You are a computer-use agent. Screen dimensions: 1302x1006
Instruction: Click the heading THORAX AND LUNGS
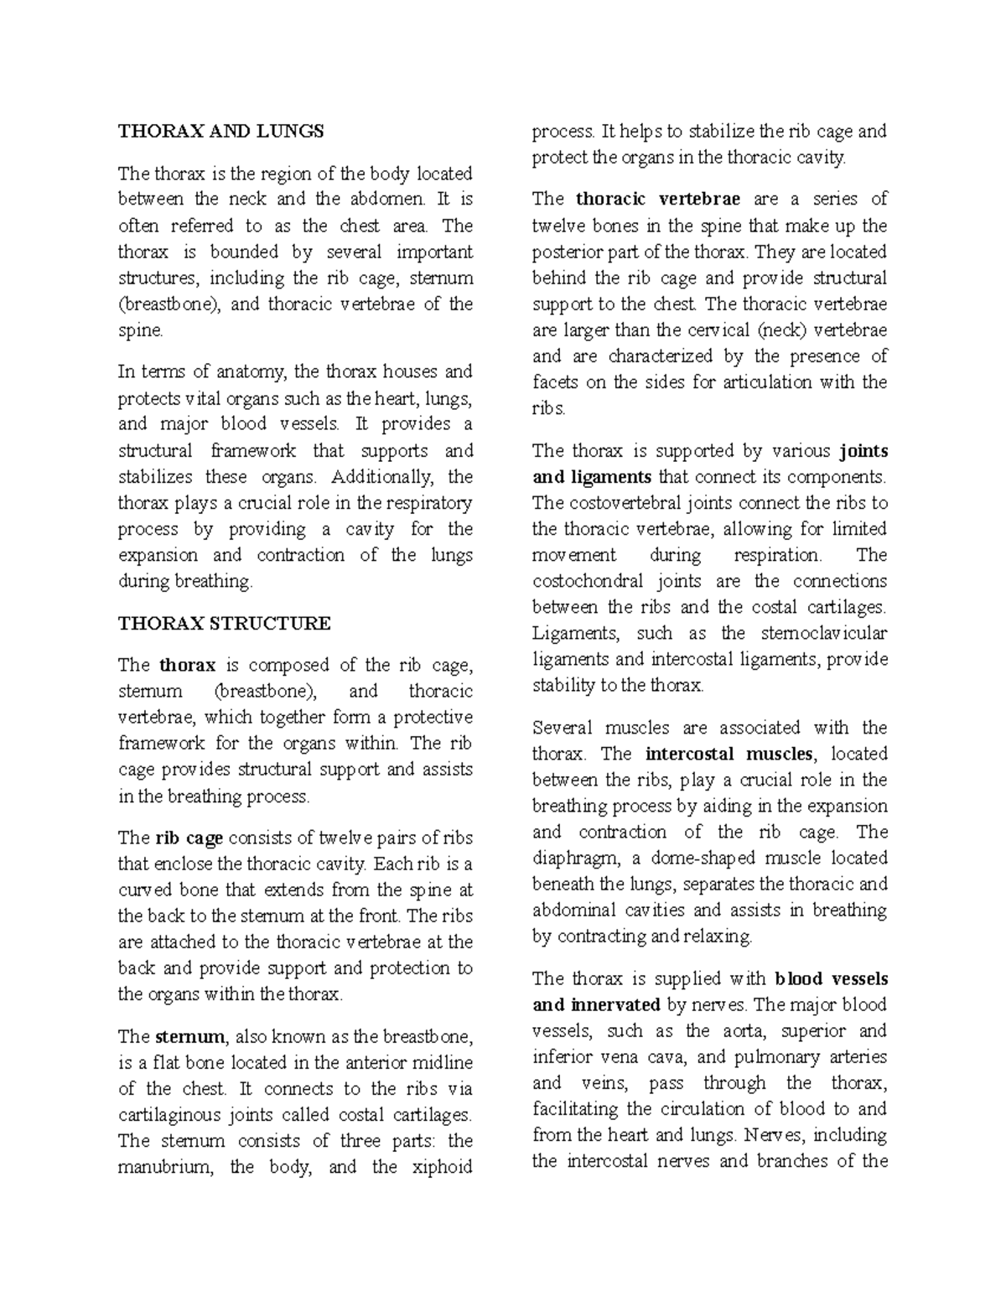click(x=220, y=131)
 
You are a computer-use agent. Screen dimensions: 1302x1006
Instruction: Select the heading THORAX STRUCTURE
click(x=225, y=624)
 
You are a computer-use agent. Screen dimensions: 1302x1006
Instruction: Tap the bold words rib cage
click(x=189, y=838)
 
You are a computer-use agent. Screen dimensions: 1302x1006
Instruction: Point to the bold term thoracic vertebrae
click(x=658, y=200)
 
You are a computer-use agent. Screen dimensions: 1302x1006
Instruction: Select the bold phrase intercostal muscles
click(x=729, y=754)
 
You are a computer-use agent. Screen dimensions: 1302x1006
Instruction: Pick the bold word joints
click(x=863, y=451)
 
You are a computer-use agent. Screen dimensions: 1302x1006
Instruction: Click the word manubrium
click(x=163, y=1167)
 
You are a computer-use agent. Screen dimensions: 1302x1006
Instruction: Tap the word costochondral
click(x=588, y=581)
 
